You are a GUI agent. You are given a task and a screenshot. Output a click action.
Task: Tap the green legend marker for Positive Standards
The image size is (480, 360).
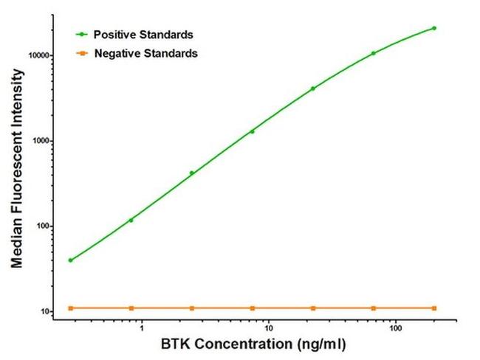pyautogui.click(x=82, y=34)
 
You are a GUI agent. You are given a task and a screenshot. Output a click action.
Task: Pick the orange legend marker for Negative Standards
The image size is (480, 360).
pyautogui.click(x=82, y=53)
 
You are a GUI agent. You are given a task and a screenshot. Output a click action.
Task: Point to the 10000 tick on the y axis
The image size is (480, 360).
pyautogui.click(x=37, y=55)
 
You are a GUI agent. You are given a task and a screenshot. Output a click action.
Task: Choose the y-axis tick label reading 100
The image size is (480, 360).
pyautogui.click(x=41, y=226)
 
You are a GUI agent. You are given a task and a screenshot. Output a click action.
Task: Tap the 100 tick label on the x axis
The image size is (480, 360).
pyautogui.click(x=397, y=327)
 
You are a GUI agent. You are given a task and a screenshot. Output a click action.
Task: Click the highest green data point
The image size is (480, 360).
pyautogui.click(x=434, y=28)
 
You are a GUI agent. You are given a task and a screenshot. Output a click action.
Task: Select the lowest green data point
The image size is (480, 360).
pyautogui.click(x=70, y=260)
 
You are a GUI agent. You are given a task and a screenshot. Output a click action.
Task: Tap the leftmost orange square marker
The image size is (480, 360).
pyautogui.click(x=70, y=308)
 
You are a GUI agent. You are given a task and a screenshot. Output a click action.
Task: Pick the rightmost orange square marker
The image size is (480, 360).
pyautogui.click(x=434, y=308)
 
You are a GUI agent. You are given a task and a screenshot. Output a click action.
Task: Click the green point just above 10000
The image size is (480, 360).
pyautogui.click(x=374, y=53)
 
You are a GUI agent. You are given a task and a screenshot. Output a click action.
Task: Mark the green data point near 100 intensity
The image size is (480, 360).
pyautogui.click(x=131, y=220)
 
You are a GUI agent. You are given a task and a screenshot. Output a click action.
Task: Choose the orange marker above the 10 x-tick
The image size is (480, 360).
pyautogui.click(x=253, y=308)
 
